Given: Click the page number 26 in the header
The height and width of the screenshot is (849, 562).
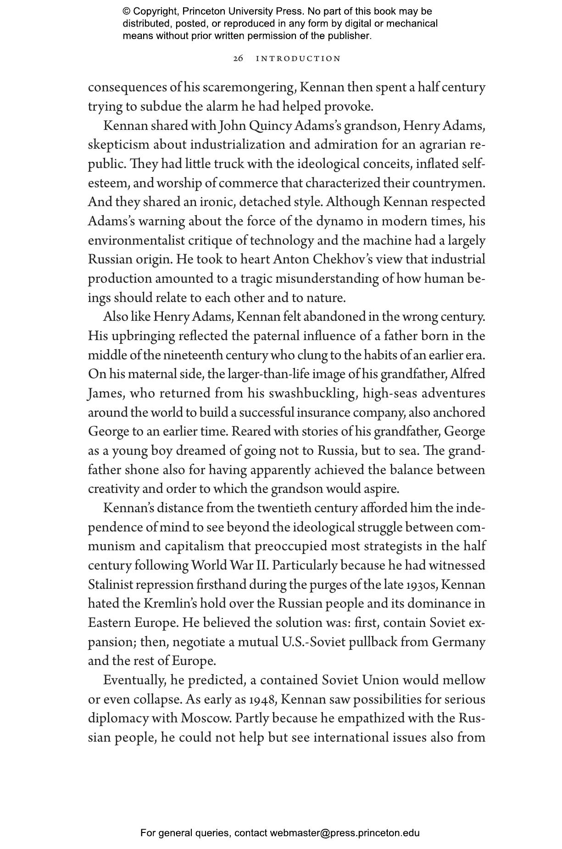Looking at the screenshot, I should tap(238, 59).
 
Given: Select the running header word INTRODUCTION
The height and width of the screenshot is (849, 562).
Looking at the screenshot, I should tap(298, 59).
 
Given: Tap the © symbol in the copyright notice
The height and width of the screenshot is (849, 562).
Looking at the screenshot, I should tap(126, 11).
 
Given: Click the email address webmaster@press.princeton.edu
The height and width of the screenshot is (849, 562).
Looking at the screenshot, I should tap(345, 833).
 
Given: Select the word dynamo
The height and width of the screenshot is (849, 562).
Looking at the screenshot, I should tap(337, 221).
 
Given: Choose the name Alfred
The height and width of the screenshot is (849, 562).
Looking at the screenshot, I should tap(467, 374).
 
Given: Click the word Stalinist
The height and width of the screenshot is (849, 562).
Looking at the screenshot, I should tap(110, 585).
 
